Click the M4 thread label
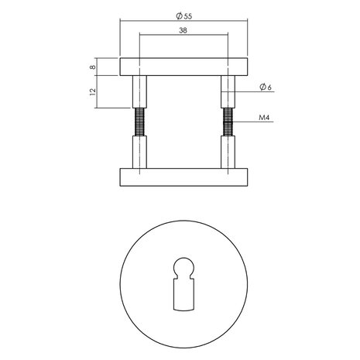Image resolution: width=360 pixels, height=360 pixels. [264, 120]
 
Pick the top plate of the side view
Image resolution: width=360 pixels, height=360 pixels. [183, 67]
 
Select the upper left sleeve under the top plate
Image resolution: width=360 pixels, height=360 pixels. [140, 92]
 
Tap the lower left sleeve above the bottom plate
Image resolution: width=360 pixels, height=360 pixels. [140, 151]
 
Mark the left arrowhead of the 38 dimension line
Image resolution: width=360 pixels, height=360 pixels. [142, 36]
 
